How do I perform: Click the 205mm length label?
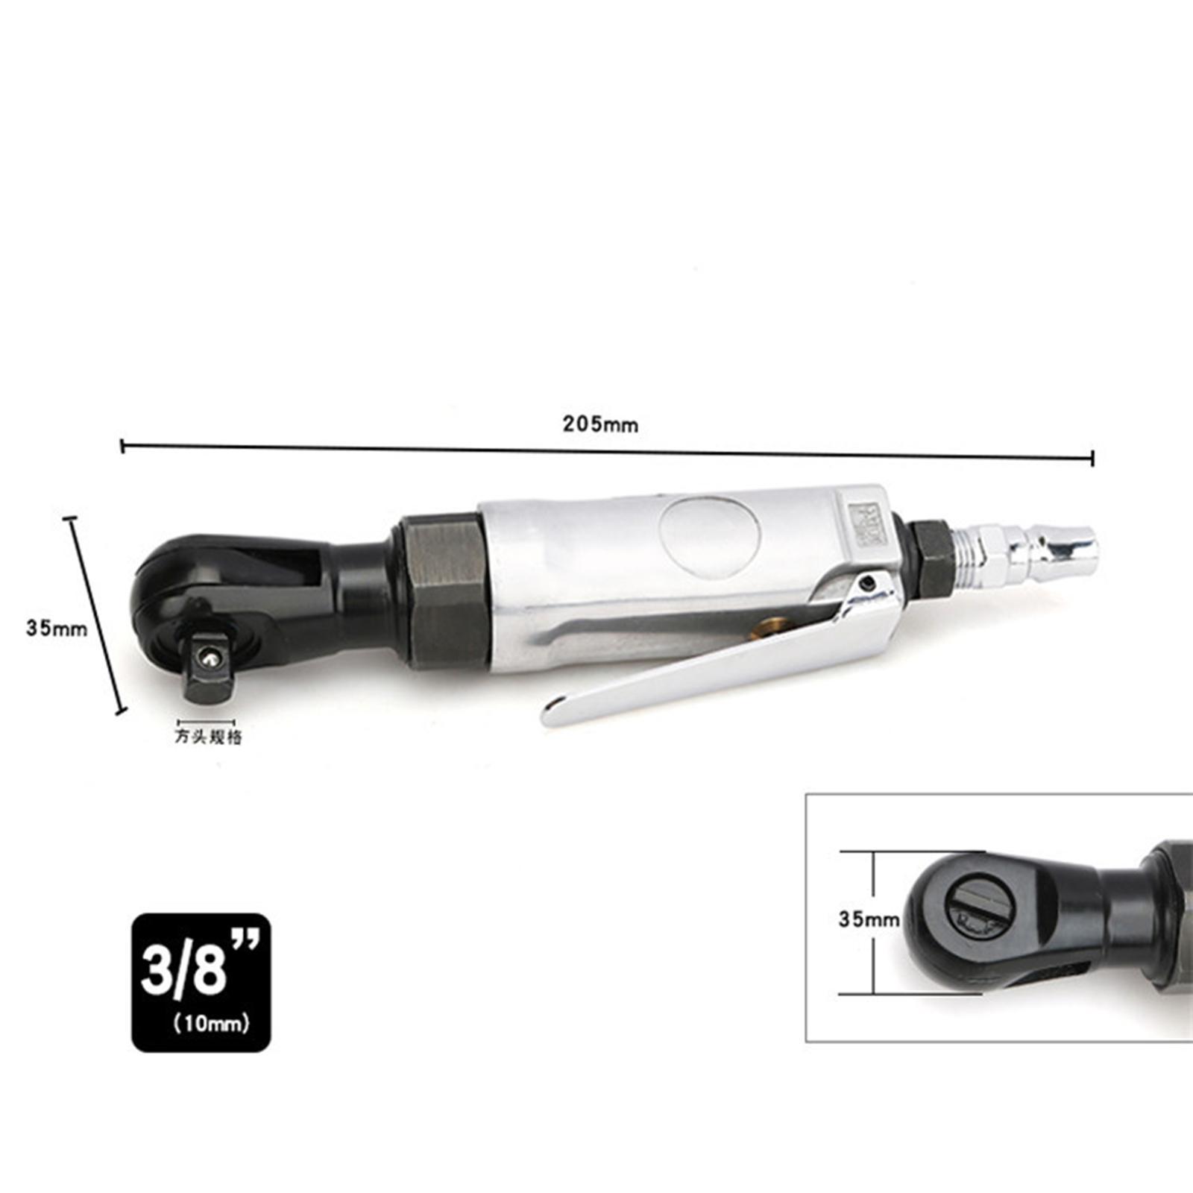[600, 425]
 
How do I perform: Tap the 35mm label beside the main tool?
[57, 628]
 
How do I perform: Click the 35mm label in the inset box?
[869, 919]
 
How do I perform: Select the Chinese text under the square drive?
[208, 737]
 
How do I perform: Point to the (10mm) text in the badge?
[211, 1024]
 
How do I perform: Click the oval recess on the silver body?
[709, 536]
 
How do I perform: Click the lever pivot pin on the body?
[867, 583]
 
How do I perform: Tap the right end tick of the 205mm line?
[1092, 458]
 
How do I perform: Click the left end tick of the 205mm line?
[122, 446]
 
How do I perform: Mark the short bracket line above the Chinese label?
[206, 722]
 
